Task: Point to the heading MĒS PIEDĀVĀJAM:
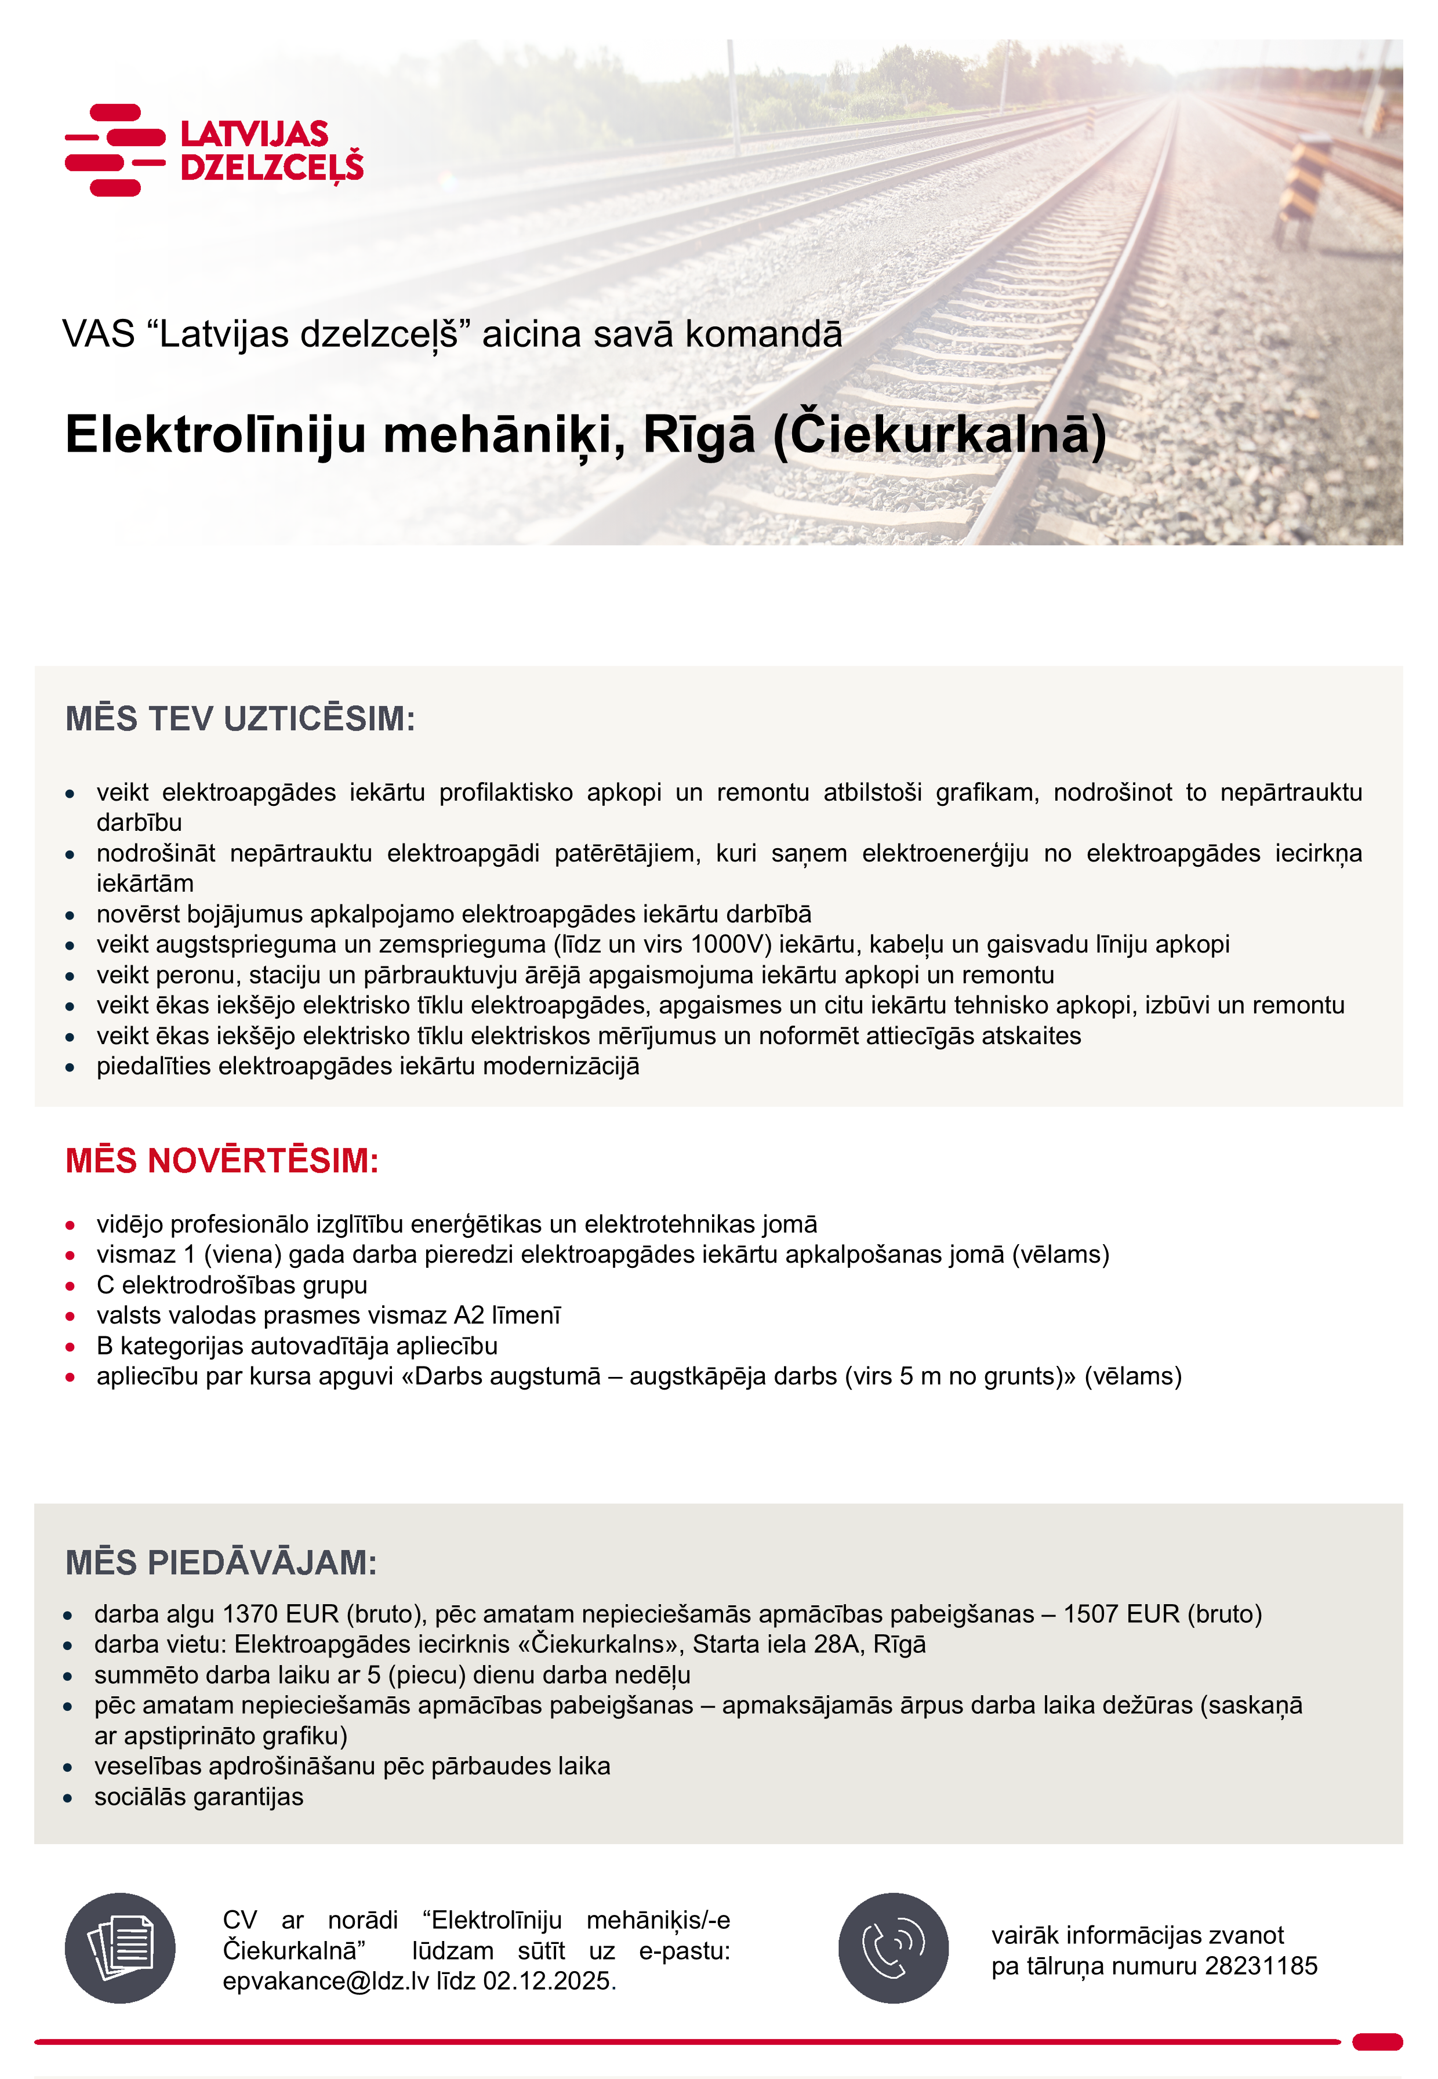[x=221, y=1563]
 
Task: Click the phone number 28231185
[x=1261, y=1965]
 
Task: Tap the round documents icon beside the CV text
[x=120, y=1949]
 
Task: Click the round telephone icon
[x=893, y=1949]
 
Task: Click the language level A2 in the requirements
[x=469, y=1316]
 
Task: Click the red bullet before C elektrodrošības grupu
[x=70, y=1286]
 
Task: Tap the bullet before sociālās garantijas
[x=68, y=1798]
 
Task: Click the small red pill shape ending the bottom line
[x=1377, y=2041]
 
